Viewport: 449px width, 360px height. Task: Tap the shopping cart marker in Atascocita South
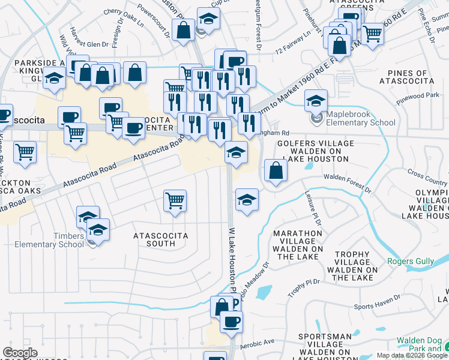tap(175, 201)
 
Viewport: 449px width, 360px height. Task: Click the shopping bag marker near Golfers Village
tap(275, 171)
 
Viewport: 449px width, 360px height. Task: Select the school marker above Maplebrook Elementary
tap(315, 101)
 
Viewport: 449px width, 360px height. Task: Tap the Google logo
tap(20, 353)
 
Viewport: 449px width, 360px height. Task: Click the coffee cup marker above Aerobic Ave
tap(230, 323)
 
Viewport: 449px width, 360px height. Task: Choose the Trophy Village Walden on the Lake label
tap(352, 266)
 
